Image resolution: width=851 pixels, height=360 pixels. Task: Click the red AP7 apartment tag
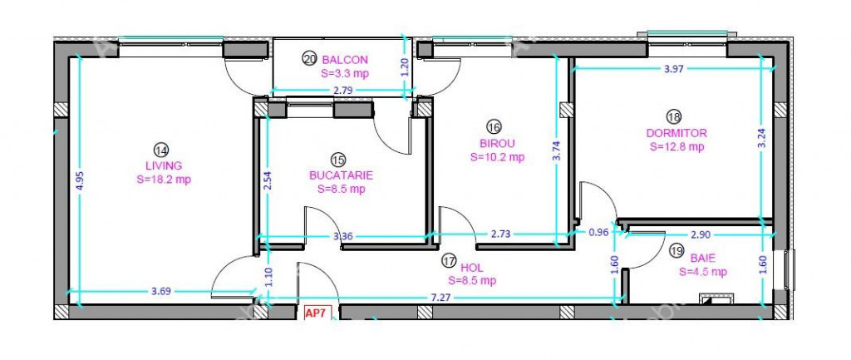pyautogui.click(x=315, y=313)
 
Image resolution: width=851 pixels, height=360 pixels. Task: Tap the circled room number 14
pyautogui.click(x=161, y=150)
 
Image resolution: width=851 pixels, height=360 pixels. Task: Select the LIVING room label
pyautogui.click(x=164, y=165)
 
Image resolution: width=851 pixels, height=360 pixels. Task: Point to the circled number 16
pyautogui.click(x=494, y=127)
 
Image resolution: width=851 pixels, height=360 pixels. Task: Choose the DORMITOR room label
pyautogui.click(x=676, y=133)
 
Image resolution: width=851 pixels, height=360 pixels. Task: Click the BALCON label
pyautogui.click(x=345, y=60)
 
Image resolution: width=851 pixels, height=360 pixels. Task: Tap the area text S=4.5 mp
pyautogui.click(x=703, y=272)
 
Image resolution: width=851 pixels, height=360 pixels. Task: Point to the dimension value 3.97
pyautogui.click(x=673, y=68)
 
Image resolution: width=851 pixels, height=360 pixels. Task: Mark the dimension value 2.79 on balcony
pyautogui.click(x=343, y=91)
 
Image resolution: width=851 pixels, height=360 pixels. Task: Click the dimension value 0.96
pyautogui.click(x=599, y=231)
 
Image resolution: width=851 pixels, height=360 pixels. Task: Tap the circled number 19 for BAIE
pyautogui.click(x=676, y=250)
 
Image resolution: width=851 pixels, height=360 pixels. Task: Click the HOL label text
pyautogui.click(x=472, y=268)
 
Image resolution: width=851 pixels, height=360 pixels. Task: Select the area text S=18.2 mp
pyautogui.click(x=164, y=180)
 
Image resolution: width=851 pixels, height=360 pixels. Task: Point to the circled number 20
pyautogui.click(x=309, y=60)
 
